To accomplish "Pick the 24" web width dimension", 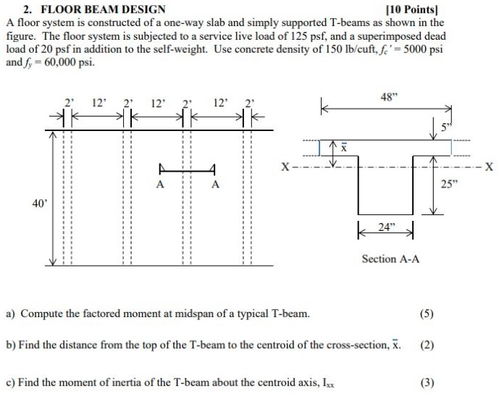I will coord(387,226).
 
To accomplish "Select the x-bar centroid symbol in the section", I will coord(345,148).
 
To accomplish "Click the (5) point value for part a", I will coord(427,314).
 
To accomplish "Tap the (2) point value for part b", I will coord(427,345).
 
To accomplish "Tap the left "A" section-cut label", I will coord(160,185).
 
